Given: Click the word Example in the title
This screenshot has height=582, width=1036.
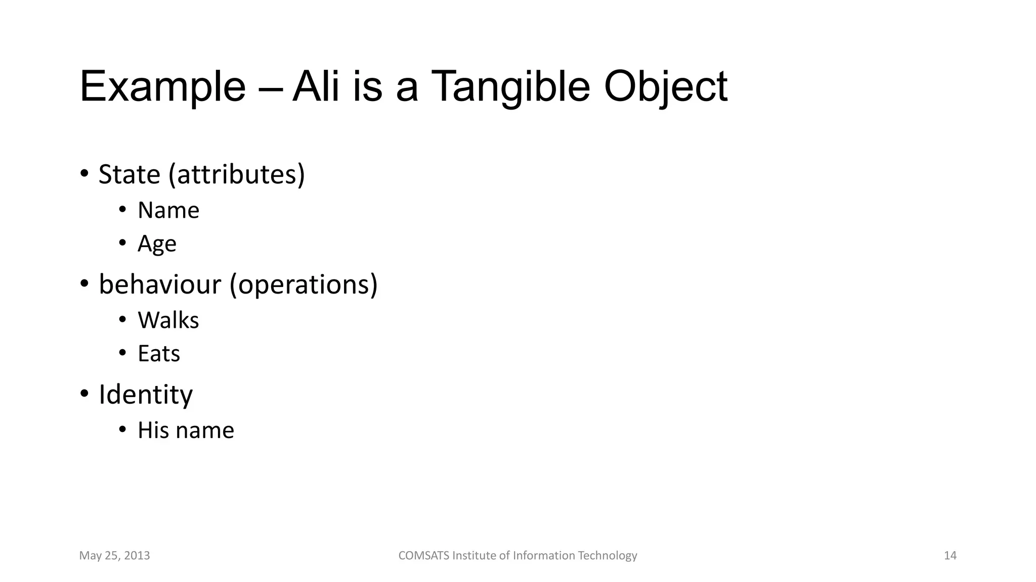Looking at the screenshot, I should click(x=162, y=87).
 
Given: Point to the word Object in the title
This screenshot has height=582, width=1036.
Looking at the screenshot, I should click(x=666, y=87).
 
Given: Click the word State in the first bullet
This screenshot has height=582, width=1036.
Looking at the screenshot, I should click(x=129, y=174).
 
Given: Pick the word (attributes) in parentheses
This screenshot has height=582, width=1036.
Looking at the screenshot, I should click(x=237, y=174).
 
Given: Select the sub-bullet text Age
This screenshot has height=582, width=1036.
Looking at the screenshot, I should click(x=157, y=244).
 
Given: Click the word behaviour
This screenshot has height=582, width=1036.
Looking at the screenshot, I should click(x=160, y=284).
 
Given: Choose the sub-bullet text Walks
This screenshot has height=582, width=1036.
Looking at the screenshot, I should click(x=168, y=320).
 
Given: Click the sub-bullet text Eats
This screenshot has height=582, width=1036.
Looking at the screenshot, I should click(x=159, y=354).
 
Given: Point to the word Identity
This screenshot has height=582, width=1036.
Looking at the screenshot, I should click(x=146, y=395).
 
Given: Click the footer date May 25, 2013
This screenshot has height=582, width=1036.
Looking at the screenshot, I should click(x=114, y=556).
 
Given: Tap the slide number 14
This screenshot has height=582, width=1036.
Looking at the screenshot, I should click(x=950, y=556).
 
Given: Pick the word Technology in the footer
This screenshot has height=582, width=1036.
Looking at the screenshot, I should click(x=607, y=556).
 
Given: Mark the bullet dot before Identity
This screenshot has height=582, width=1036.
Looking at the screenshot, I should click(x=84, y=394).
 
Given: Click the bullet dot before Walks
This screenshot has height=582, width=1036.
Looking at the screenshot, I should click(x=122, y=320).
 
